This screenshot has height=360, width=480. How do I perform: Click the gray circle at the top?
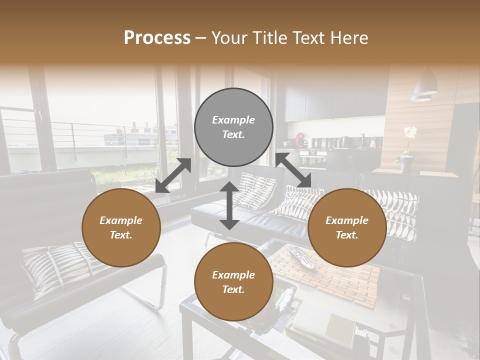233,127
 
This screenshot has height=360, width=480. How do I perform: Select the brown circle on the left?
121,227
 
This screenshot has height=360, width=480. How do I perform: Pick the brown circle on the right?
347,227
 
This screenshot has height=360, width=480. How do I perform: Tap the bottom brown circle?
233,282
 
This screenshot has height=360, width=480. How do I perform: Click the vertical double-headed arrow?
229,205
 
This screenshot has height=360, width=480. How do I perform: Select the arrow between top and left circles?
173,175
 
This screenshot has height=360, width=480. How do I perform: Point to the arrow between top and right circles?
293,170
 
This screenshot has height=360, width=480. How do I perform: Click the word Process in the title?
157,38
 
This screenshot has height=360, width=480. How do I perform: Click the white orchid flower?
410,132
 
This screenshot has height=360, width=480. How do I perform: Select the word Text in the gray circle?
233,134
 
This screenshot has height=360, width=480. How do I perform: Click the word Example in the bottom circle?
233,275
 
